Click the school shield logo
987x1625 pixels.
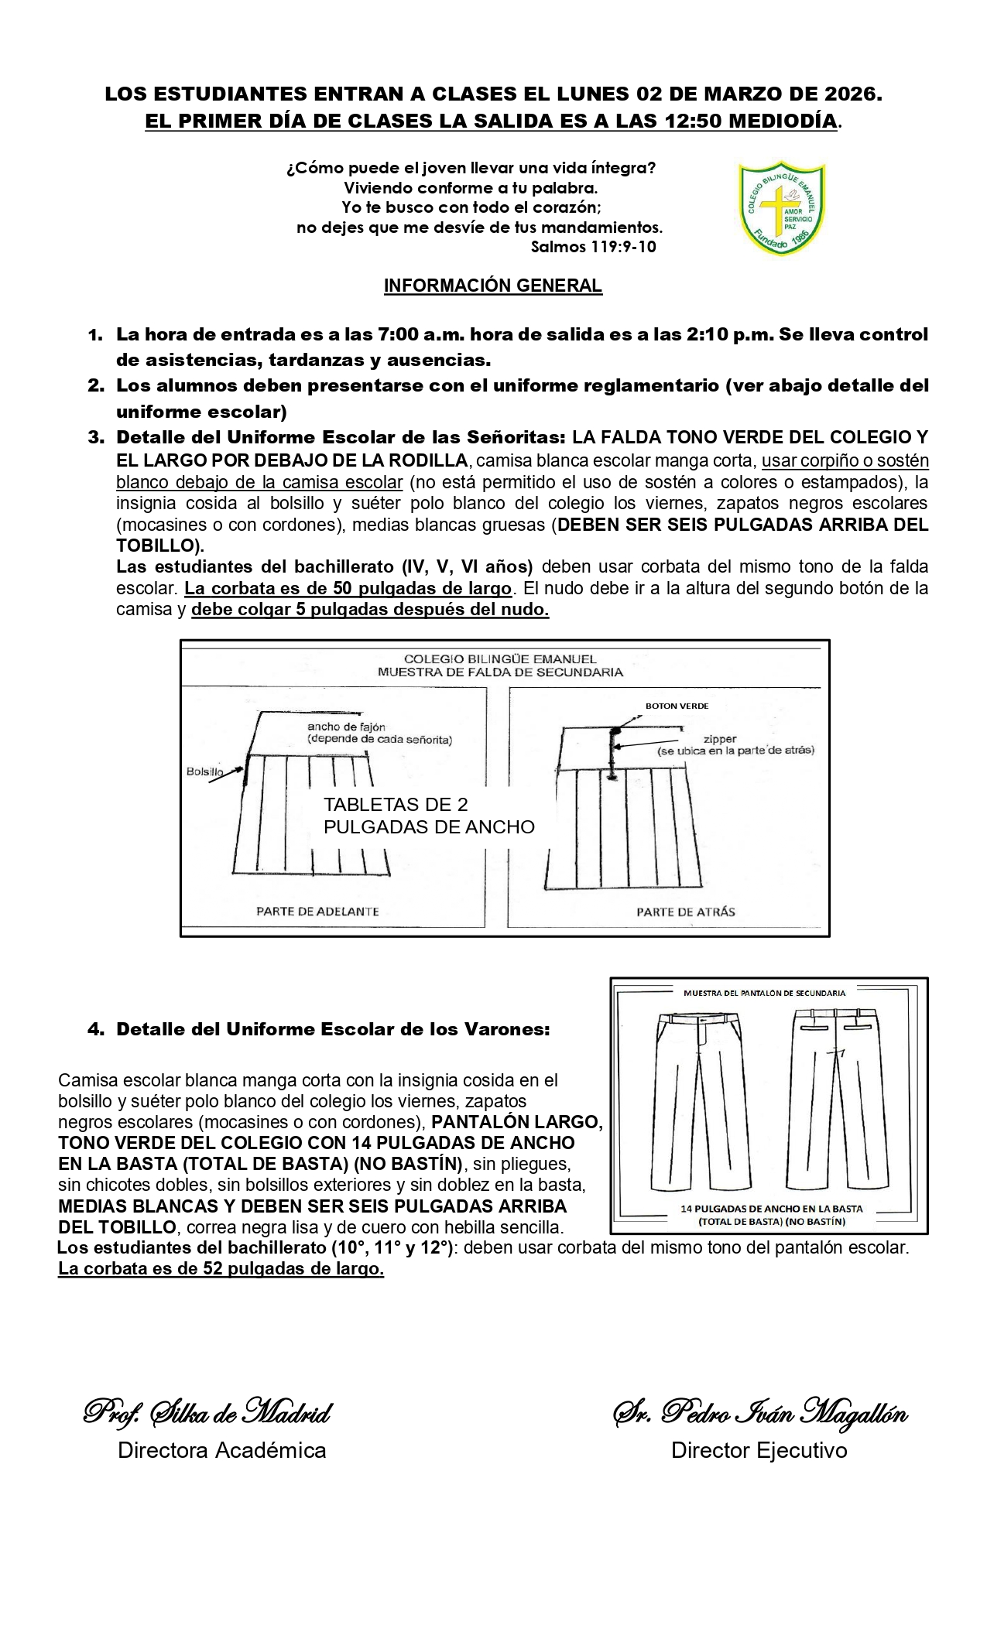(781, 207)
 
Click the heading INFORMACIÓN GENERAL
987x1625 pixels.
(492, 286)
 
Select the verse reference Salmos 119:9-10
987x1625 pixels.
(593, 247)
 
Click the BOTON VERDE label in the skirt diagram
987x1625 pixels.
(677, 706)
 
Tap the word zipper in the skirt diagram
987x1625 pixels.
(720, 739)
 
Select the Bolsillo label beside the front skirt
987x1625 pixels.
(204, 771)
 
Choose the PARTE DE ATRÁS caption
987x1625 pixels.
(685, 912)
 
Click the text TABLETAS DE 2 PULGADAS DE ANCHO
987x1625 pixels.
(429, 816)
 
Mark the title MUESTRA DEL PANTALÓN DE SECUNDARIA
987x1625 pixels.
(764, 992)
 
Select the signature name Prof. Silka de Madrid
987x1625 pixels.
(207, 1412)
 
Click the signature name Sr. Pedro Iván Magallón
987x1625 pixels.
(759, 1412)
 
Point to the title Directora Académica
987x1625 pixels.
(221, 1450)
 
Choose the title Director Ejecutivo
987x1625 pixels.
(759, 1450)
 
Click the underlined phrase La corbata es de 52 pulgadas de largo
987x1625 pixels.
(221, 1269)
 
